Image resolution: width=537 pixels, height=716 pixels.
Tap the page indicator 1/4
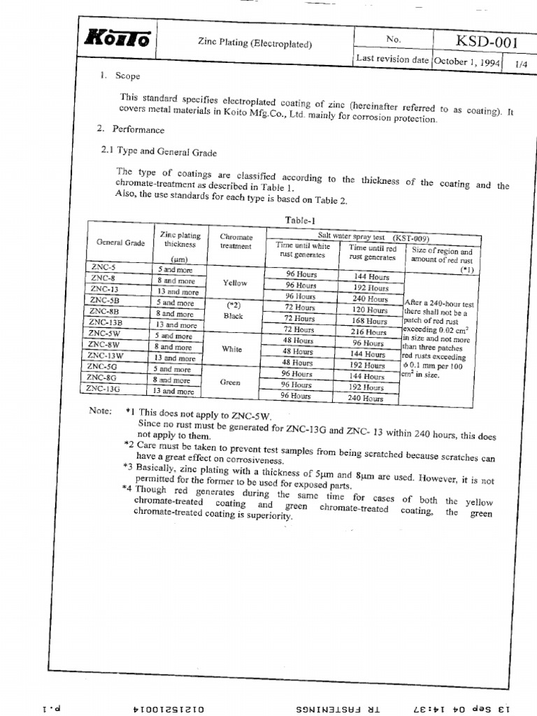tap(521, 64)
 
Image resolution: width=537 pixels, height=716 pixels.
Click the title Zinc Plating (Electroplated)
tap(255, 43)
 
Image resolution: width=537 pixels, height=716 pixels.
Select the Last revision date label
tap(392, 59)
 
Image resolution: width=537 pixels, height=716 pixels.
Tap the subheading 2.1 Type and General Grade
tap(159, 152)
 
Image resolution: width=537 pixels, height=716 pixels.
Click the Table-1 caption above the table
tap(299, 220)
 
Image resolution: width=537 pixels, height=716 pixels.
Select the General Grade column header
tap(120, 243)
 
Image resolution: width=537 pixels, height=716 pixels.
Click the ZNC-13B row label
tap(106, 322)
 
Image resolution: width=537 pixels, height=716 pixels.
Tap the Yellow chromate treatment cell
tap(235, 283)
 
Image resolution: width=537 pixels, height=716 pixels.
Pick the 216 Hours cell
tap(368, 332)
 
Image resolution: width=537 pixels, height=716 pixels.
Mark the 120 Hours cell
tap(369, 310)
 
